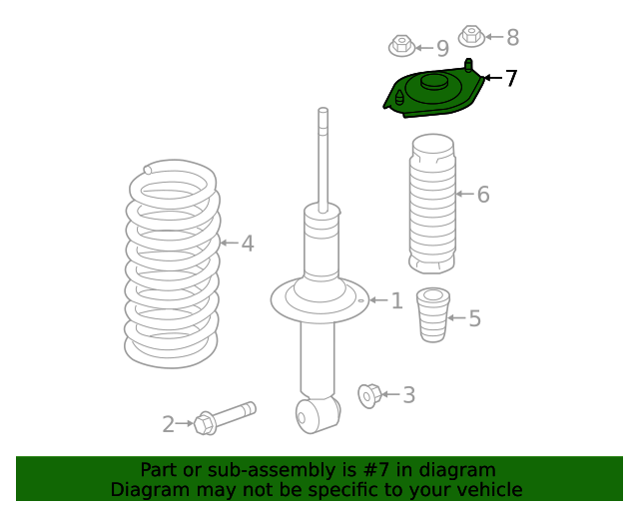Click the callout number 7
tap(511, 78)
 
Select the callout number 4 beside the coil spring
tap(248, 244)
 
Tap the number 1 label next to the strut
tap(397, 300)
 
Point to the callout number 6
tap(483, 194)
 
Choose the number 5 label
tap(475, 318)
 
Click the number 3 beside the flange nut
tap(409, 395)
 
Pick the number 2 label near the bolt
tap(169, 424)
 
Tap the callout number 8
tap(512, 38)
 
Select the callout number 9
tap(442, 49)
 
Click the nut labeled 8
tap(471, 36)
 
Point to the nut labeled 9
tap(401, 46)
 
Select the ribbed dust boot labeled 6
tap(432, 204)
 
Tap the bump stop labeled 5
tap(433, 314)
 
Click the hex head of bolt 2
tap(205, 424)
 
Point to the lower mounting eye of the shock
tap(318, 415)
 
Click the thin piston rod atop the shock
tap(323, 160)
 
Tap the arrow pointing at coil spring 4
tap(229, 243)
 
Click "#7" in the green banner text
tap(375, 470)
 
